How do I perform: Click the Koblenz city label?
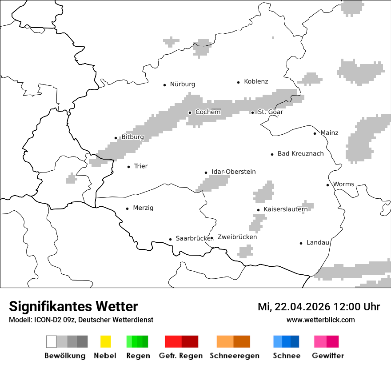pyautogui.click(x=256, y=81)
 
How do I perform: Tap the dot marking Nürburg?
pyautogui.click(x=164, y=84)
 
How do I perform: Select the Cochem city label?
pyautogui.click(x=208, y=112)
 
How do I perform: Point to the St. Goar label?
pyautogui.click(x=270, y=112)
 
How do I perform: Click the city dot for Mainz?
pyautogui.click(x=315, y=133)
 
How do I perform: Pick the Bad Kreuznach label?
pyautogui.click(x=300, y=154)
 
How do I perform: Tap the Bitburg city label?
pyautogui.click(x=132, y=137)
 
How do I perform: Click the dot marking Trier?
pyautogui.click(x=128, y=167)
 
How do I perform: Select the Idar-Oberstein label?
pyautogui.click(x=233, y=172)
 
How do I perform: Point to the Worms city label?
pyautogui.click(x=343, y=184)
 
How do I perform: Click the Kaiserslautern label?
pyautogui.click(x=285, y=209)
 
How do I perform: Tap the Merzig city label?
pyautogui.click(x=143, y=208)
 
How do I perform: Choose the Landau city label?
pyautogui.click(x=318, y=243)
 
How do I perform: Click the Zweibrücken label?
pyautogui.click(x=237, y=237)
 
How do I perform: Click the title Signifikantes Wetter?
pyautogui.click(x=73, y=306)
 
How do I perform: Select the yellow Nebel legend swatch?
pyautogui.click(x=105, y=341)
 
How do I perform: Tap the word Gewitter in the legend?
pyautogui.click(x=327, y=356)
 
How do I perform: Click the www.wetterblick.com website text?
pyautogui.click(x=320, y=320)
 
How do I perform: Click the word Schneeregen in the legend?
pyautogui.click(x=234, y=356)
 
